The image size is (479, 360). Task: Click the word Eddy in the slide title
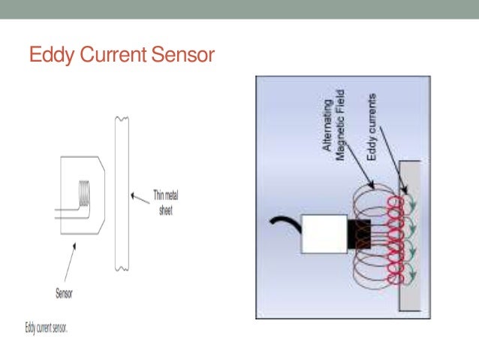(48, 56)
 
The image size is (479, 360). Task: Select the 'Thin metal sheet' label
(165, 203)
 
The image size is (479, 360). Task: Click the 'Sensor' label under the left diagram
(65, 294)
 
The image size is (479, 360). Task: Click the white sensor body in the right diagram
(324, 234)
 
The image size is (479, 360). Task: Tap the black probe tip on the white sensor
(357, 234)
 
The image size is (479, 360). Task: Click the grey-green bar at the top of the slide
(239, 10)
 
